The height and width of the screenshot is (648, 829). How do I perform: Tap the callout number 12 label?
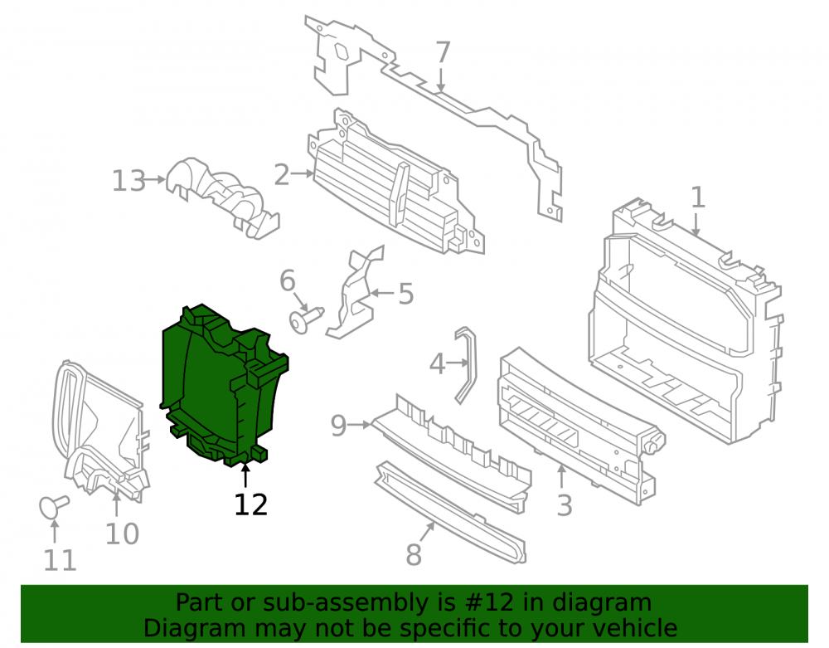pos(251,504)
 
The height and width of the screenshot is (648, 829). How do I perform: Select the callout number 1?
pos(698,197)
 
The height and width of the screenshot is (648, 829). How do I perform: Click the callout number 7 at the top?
pos(443,52)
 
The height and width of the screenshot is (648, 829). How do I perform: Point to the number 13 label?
pos(129,181)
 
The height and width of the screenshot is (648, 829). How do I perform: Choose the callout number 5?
pos(405,294)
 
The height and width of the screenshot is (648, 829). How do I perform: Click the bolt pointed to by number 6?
pos(306,319)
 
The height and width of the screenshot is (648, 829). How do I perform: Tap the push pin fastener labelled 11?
pos(53,505)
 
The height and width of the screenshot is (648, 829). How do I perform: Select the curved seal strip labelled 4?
pos(466,364)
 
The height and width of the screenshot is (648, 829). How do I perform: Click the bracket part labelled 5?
pos(353,296)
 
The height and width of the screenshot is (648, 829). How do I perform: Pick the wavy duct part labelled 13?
pos(222,197)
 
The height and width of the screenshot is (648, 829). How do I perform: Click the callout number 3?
pos(565,505)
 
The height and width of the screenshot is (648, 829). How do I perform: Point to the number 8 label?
pos(414,554)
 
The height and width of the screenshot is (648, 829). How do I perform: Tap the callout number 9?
pos(338,426)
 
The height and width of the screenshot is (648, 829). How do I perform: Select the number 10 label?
pos(122,534)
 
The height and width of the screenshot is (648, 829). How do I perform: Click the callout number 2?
pos(282,174)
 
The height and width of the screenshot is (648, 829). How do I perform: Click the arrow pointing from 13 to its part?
pos(156,180)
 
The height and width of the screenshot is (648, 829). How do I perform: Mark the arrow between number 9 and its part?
pos(360,424)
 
